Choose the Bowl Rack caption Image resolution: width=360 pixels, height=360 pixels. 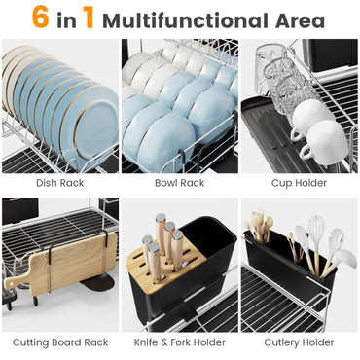179,182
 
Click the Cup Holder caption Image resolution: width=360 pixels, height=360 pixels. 299,182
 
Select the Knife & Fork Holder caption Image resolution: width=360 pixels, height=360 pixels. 179,342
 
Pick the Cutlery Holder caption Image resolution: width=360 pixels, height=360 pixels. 299,342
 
